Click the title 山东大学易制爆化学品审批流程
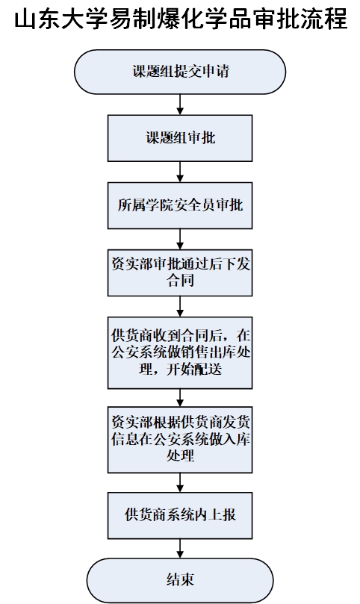(x=181, y=19)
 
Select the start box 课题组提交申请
(x=180, y=72)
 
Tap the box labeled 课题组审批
(x=180, y=138)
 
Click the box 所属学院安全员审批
(x=180, y=205)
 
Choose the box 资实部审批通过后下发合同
(x=180, y=273)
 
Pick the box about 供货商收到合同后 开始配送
(x=180, y=352)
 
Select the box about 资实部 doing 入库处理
(x=180, y=440)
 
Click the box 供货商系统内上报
(x=180, y=515)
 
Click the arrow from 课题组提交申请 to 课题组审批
(x=180, y=105)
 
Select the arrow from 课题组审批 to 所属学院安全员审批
(x=180, y=172)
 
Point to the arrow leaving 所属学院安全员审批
(x=180, y=239)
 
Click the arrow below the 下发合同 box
(x=180, y=307)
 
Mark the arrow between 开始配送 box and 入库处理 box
(x=180, y=397)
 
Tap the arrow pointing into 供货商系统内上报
(x=180, y=482)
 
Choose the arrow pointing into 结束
(x=180, y=549)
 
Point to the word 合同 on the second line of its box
(x=180, y=281)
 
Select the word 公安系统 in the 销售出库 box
(x=139, y=352)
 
